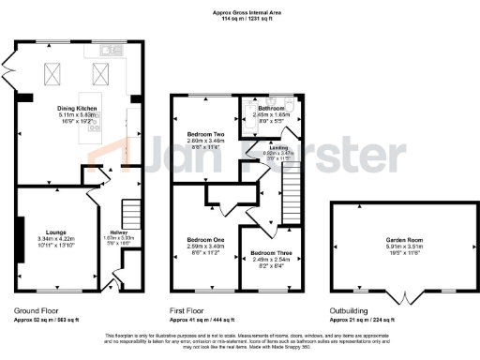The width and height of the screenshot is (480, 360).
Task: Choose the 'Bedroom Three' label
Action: [x=268, y=253]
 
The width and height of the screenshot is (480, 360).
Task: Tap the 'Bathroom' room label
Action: [x=271, y=108]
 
